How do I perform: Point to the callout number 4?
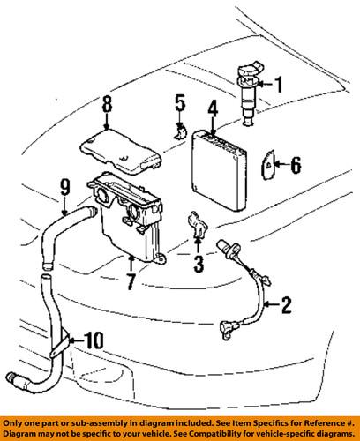(x=213, y=110)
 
